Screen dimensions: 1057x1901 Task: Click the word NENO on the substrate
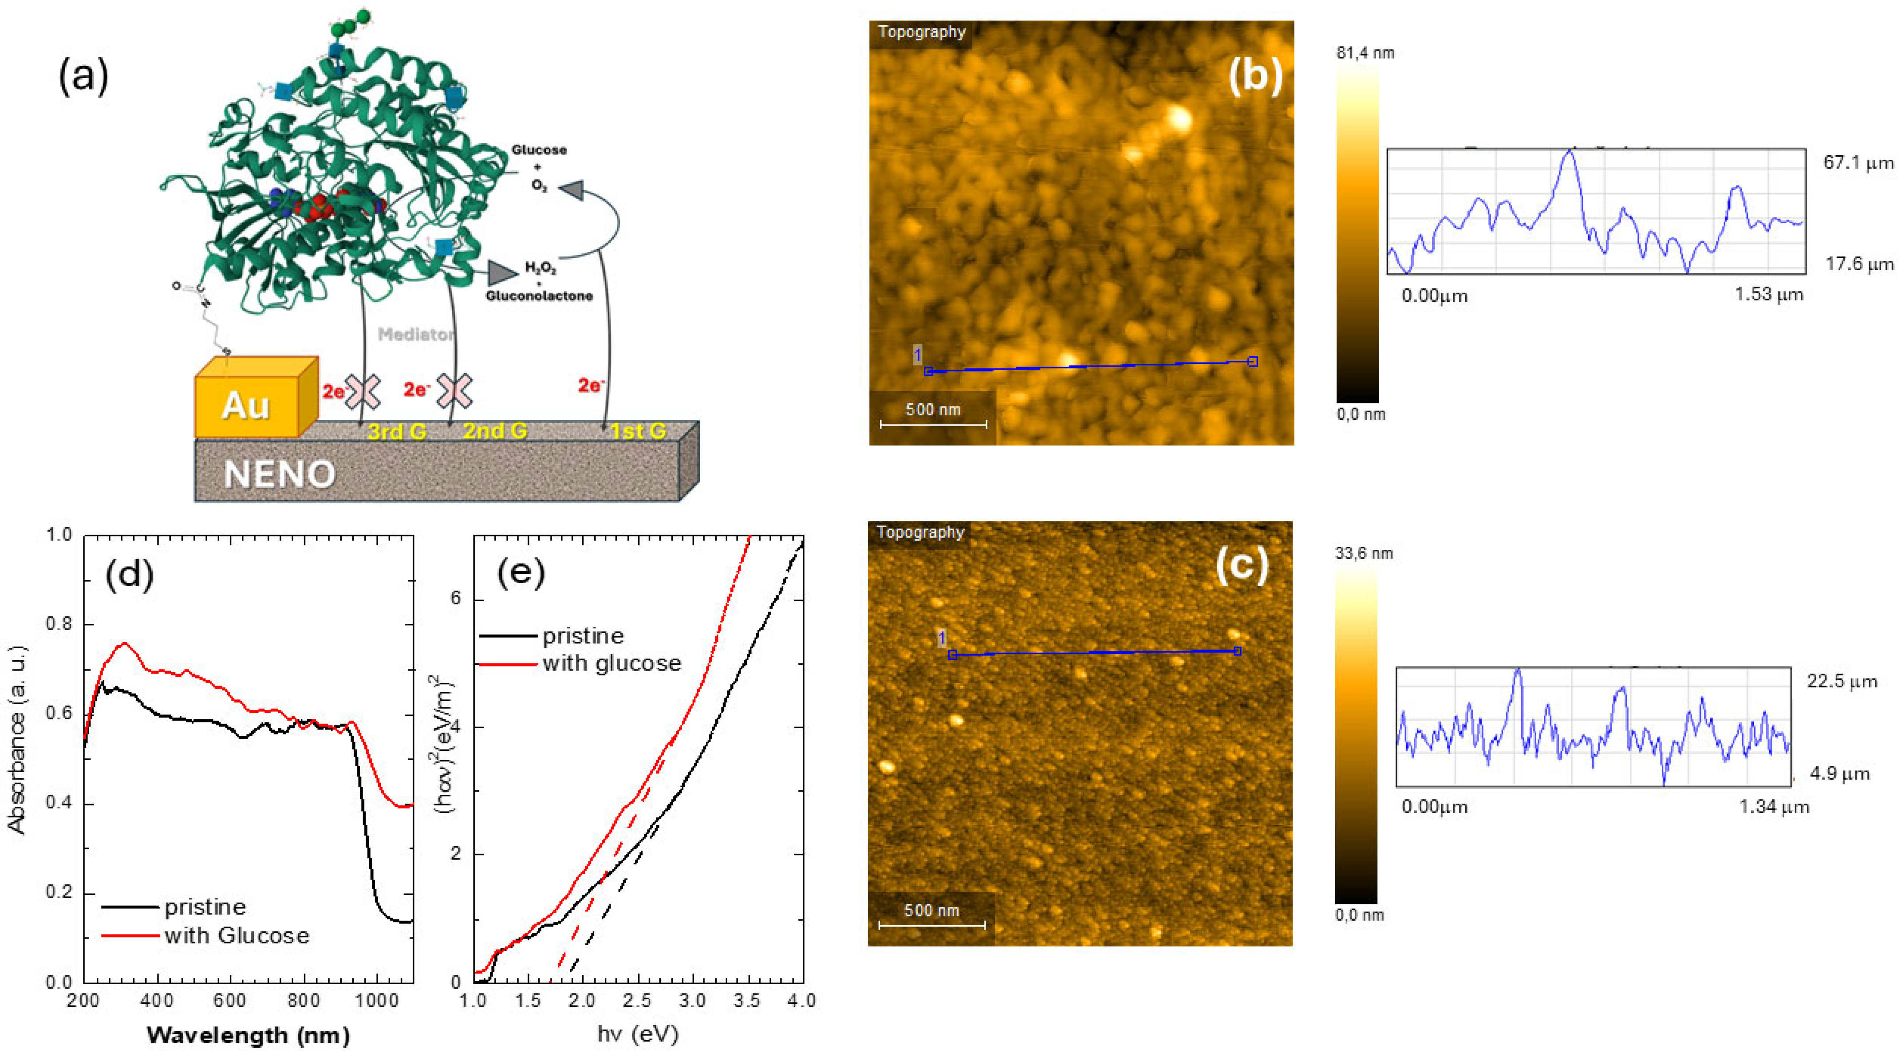280,474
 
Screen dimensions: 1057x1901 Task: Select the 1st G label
638,431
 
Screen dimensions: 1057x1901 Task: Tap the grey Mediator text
415,335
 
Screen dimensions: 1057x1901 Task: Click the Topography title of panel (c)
920,532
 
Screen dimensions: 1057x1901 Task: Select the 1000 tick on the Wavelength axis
377,1001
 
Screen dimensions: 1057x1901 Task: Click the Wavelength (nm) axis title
248,1035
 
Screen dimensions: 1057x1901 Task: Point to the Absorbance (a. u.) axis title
16,740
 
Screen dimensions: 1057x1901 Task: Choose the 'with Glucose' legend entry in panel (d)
236,935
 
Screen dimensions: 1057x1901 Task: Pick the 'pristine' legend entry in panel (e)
583,635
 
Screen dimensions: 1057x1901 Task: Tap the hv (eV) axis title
638,1034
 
